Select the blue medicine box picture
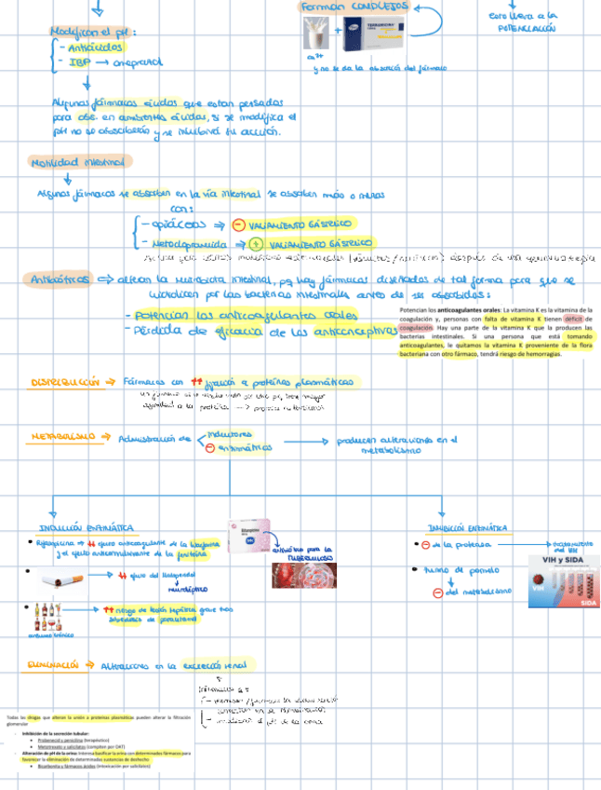point(369,37)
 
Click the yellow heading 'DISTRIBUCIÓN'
point(63,382)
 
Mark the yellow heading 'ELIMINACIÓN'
point(58,664)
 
